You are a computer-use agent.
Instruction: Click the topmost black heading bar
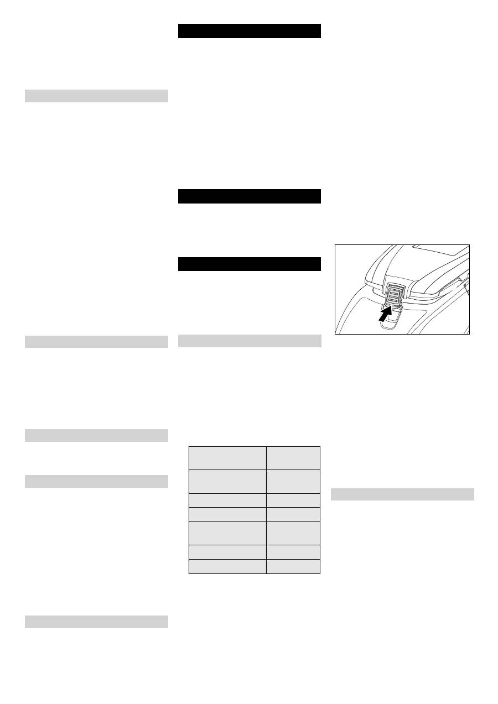tap(250, 31)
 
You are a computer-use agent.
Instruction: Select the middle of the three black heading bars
tap(250, 196)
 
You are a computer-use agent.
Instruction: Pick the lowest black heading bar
tap(250, 264)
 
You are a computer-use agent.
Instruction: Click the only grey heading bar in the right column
tap(402, 494)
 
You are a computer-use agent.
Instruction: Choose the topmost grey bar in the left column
tap(96, 96)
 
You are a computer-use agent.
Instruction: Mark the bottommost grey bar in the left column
tap(96, 622)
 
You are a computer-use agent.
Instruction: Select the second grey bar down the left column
tap(96, 342)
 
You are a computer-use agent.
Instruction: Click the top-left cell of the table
tap(227, 458)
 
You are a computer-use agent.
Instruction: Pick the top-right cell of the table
tap(293, 458)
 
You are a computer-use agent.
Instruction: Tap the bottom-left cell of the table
tap(227, 566)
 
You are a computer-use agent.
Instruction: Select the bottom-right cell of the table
tap(293, 566)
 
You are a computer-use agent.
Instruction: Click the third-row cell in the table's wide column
tap(227, 500)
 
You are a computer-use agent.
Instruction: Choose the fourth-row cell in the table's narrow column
tap(293, 514)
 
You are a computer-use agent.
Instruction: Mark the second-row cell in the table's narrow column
tap(293, 481)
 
